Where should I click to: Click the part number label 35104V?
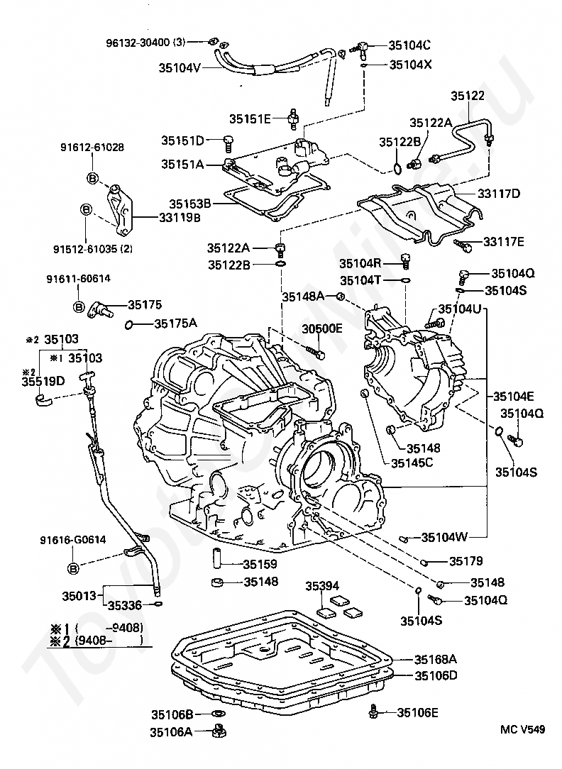(x=180, y=68)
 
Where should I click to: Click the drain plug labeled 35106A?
(x=219, y=731)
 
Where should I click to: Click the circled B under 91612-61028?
(x=92, y=176)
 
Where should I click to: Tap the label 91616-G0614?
(x=73, y=540)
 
